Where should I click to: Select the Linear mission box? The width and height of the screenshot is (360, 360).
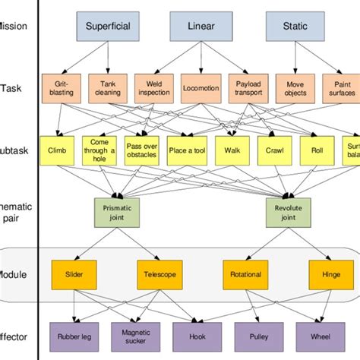coord(200,26)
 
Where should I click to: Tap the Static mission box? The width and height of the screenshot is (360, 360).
coord(295,26)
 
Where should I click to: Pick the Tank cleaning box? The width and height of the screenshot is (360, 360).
coord(107,87)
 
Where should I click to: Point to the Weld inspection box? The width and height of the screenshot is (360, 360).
coord(154,87)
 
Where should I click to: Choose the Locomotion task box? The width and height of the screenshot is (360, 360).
coord(201,87)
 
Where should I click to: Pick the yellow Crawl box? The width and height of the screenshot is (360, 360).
coord(275,150)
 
